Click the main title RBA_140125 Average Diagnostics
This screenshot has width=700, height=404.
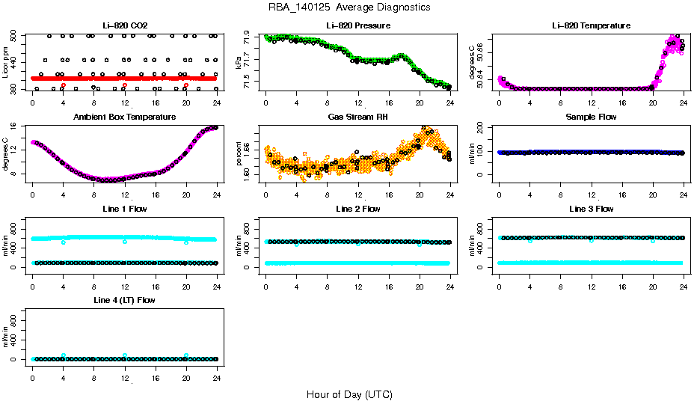349,7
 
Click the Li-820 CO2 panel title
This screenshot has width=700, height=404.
124,25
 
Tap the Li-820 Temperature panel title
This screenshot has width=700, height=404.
591,25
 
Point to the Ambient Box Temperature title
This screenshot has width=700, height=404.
124,117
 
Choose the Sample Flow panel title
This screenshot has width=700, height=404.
591,117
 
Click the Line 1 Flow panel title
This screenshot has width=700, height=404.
124,209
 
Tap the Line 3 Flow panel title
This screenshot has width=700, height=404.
591,209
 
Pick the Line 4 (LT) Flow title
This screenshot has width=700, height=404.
124,300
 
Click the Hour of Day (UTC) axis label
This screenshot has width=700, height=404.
349,394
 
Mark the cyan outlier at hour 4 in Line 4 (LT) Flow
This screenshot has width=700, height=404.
64,356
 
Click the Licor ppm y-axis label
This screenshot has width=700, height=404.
6,63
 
